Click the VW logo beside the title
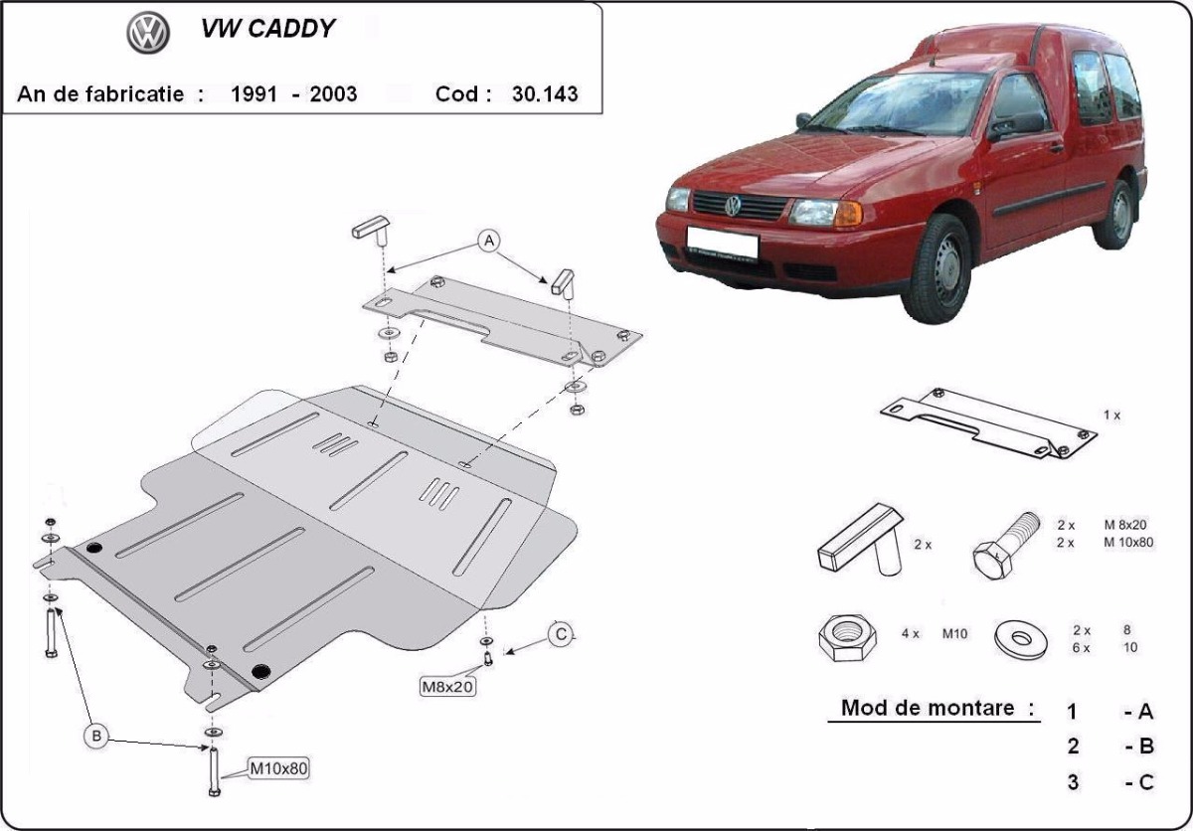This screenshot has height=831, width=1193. click(x=148, y=32)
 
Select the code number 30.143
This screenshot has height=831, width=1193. click(x=545, y=94)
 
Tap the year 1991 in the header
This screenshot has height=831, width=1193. click(x=254, y=94)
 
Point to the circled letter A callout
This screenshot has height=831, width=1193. click(x=489, y=242)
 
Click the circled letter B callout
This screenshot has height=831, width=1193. click(x=96, y=737)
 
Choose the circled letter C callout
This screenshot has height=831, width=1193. click(x=561, y=634)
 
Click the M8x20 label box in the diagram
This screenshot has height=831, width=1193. click(x=447, y=687)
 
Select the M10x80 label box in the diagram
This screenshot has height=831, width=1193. click(x=278, y=768)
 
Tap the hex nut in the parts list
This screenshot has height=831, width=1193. click(x=847, y=637)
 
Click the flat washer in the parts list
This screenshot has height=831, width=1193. click(x=1020, y=639)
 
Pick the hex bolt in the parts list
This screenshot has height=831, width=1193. click(x=1005, y=546)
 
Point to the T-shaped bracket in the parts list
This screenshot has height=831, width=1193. click(x=860, y=540)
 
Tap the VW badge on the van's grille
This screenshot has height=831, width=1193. click(x=734, y=206)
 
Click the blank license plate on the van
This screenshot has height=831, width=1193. click(x=722, y=244)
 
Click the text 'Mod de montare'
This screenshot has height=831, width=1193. click(x=929, y=708)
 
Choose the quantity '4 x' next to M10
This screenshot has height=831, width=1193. click(x=911, y=634)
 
